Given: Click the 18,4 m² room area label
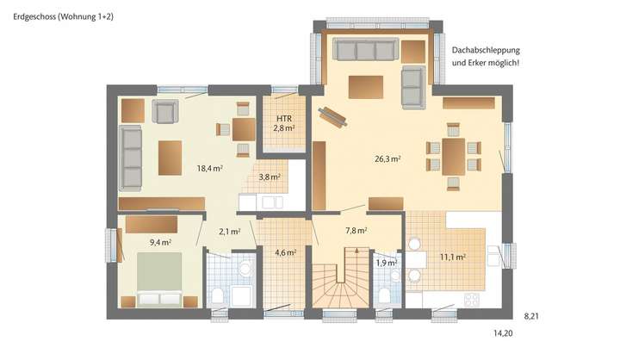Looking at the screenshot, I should tap(209, 169).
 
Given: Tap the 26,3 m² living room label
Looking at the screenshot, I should tap(386, 158).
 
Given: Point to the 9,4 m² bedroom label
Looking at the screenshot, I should tap(159, 243).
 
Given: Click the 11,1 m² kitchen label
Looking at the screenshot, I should tap(453, 257).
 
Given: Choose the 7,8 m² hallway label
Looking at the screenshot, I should tap(356, 230).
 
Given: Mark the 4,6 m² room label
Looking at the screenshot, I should tap(285, 252).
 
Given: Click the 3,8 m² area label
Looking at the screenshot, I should tap(270, 177).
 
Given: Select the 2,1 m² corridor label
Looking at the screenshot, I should tap(229, 231).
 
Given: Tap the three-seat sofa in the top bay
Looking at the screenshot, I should tap(365, 51).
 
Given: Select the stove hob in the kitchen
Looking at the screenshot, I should tap(472, 301).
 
